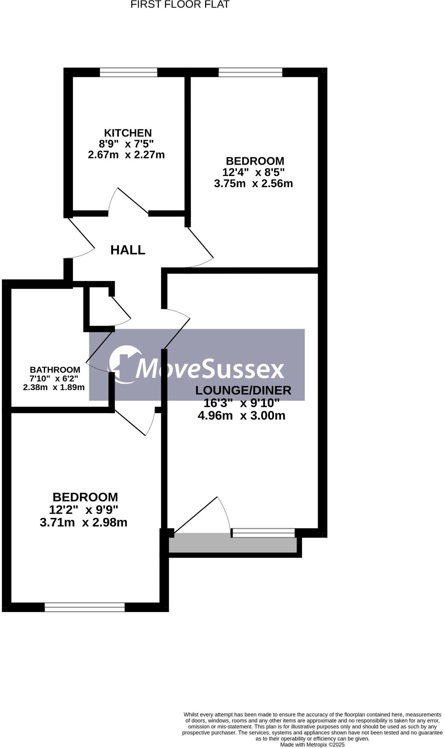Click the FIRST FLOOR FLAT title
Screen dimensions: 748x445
point(180,5)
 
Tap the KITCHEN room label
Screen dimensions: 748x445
point(128,133)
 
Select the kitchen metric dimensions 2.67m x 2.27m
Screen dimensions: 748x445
point(126,155)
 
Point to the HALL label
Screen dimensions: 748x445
point(128,250)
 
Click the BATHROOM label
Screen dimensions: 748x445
point(55,370)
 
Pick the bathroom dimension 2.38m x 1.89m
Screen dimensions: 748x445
point(54,387)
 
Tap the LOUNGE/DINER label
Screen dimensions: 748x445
point(243,390)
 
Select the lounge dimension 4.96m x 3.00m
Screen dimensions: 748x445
point(241,416)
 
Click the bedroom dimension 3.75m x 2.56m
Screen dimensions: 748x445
point(254,184)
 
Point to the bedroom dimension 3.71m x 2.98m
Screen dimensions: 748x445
point(84,523)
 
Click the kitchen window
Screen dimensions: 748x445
point(128,72)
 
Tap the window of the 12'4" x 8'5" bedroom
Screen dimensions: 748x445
point(251,72)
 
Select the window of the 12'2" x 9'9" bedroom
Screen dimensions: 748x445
point(85,607)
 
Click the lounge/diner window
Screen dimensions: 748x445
point(263,533)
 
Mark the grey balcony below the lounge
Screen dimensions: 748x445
point(233,544)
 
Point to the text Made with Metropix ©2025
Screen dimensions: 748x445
point(312,745)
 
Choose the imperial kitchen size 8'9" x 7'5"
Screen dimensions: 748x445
point(126,144)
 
